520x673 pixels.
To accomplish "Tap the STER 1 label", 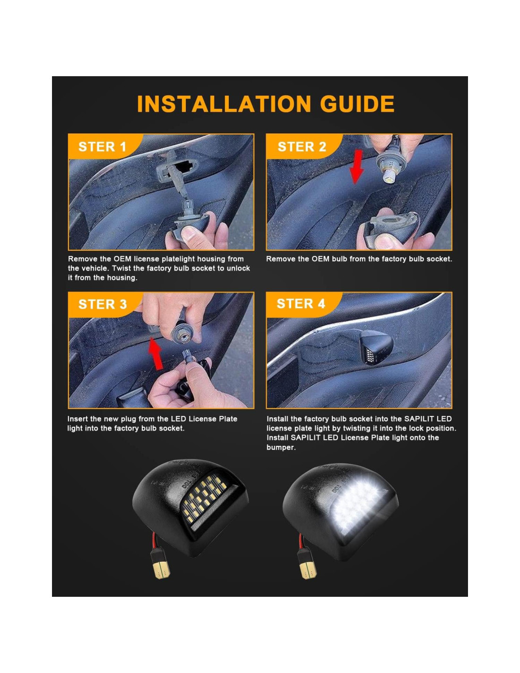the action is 103,147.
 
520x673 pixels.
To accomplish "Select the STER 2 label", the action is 302,147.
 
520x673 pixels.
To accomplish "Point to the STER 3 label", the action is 103,304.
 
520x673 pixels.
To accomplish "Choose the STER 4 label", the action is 301,303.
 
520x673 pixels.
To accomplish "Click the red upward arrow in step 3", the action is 156,354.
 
